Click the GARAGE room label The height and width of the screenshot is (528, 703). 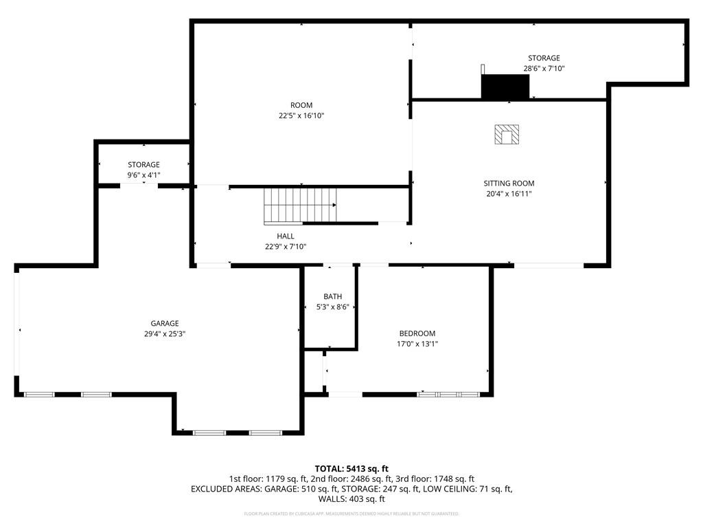(165, 323)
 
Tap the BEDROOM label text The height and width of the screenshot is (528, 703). (417, 333)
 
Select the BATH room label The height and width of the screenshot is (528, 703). (333, 296)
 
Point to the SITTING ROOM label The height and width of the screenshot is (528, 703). (509, 184)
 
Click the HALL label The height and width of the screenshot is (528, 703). (286, 236)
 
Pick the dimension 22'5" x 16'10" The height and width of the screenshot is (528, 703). (297, 115)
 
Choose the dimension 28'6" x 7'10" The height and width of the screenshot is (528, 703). (544, 69)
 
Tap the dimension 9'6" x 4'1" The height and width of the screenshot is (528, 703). (143, 175)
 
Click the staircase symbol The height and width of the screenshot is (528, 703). (300, 206)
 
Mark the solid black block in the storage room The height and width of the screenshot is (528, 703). (505, 87)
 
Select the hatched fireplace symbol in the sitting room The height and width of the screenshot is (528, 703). (507, 135)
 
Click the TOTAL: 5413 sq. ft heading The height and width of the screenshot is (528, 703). (351, 468)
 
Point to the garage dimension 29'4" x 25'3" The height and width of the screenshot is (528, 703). (165, 333)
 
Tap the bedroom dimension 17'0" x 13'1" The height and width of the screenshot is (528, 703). (417, 344)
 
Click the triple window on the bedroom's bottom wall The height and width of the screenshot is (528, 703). (448, 395)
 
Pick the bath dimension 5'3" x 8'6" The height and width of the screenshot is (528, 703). (333, 307)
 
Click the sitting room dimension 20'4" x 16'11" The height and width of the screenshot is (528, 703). (509, 194)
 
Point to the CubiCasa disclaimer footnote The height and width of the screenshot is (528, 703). (351, 514)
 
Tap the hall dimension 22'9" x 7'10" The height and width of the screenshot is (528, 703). (286, 246)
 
